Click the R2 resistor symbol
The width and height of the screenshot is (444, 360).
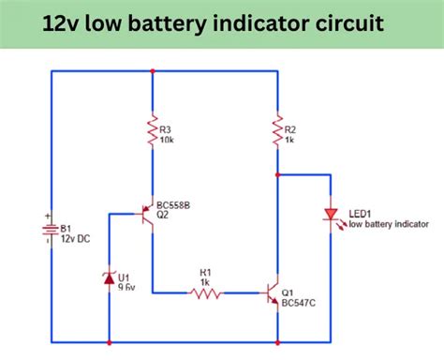(x=278, y=130)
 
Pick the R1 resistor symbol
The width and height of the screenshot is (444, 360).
(x=206, y=293)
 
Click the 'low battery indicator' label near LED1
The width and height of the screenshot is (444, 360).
(x=389, y=225)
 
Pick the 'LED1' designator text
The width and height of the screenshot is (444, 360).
(x=361, y=215)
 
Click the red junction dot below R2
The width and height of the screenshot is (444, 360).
(x=278, y=174)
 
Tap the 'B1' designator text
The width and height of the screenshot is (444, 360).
(x=67, y=227)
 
